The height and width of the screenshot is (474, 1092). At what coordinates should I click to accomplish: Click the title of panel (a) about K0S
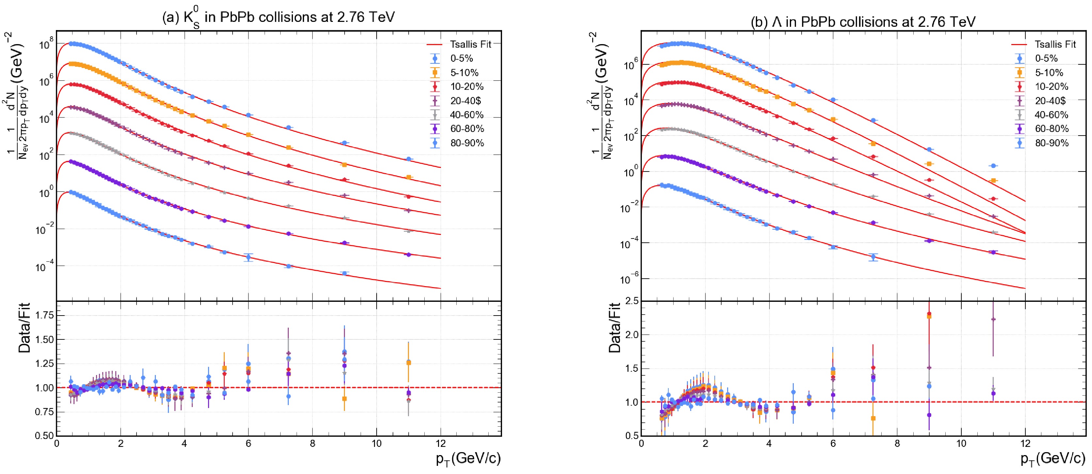coord(279,17)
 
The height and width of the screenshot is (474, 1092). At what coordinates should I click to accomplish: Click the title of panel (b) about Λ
coord(863,22)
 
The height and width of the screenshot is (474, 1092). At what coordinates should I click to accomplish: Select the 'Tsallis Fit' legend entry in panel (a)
coord(470,44)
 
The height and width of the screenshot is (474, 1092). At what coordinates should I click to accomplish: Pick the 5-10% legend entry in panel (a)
coord(464,73)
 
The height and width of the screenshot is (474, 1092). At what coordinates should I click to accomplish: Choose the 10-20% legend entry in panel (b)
coord(1051,87)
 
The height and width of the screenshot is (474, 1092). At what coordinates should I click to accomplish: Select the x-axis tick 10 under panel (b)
coord(961,444)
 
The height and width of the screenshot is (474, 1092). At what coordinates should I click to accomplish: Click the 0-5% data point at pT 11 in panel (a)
coord(409,159)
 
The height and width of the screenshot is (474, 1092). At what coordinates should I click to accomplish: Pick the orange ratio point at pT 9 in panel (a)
coord(344,399)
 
